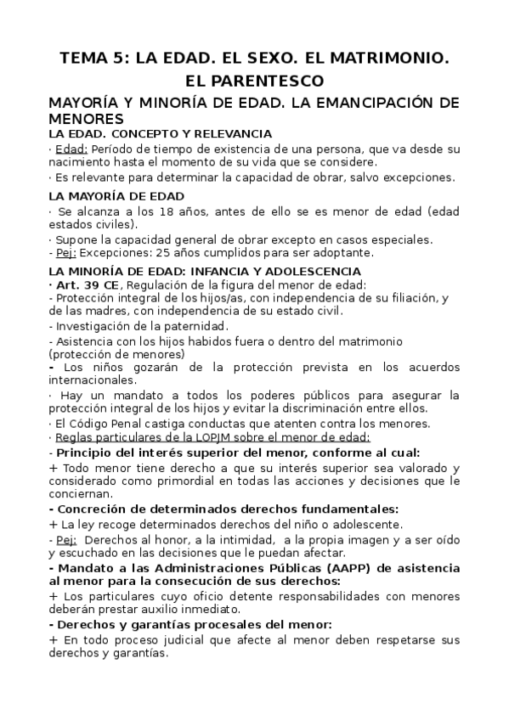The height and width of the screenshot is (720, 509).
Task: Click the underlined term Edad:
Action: tap(71, 149)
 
